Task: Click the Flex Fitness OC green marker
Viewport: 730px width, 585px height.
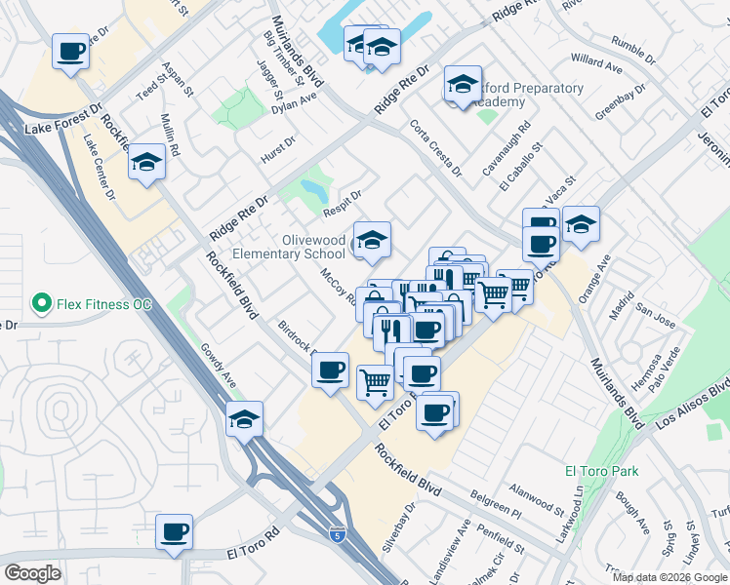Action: coord(42,304)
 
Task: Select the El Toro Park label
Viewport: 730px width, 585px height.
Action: coord(602,471)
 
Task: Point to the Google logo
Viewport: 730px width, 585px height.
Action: coord(32,572)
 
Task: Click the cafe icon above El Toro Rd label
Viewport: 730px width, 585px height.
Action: coord(174,531)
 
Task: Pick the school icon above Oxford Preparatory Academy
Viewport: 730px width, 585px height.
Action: coord(463,85)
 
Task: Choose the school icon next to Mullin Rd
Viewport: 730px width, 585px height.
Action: coord(146,162)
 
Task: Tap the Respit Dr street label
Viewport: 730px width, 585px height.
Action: coord(344,203)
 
